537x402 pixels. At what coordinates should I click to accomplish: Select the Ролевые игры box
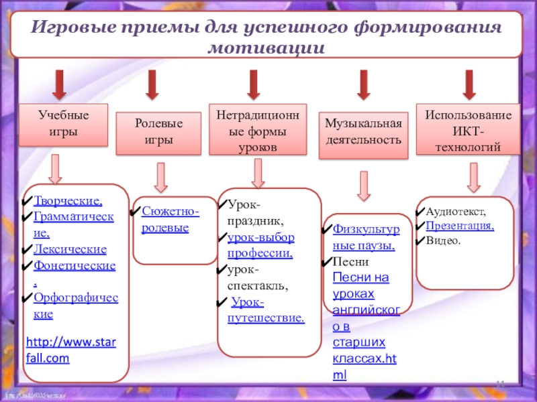point(158,132)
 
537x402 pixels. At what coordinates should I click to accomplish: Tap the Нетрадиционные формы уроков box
point(257,129)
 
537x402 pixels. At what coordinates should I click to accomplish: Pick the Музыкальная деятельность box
point(363,133)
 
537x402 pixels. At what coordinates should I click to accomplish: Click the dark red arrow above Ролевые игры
point(152,84)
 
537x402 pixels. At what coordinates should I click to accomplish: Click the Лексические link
point(70,250)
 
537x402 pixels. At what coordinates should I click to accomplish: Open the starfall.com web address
point(70,350)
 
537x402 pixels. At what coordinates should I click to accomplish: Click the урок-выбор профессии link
point(260,245)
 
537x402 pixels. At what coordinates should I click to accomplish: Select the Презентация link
point(460,226)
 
